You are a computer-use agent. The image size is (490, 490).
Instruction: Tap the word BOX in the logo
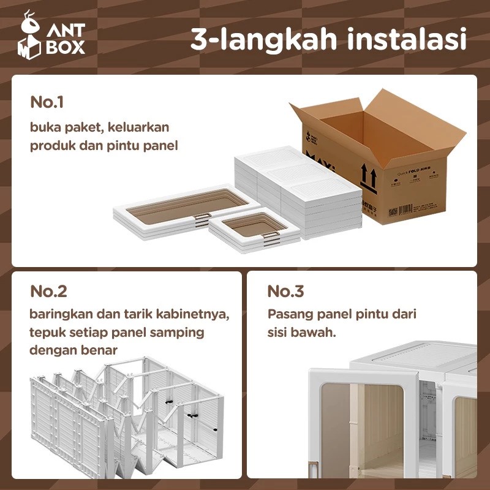(66, 48)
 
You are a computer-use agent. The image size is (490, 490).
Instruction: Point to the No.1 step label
(47, 102)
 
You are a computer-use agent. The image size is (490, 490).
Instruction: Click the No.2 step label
(49, 291)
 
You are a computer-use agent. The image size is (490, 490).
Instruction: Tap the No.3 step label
(286, 291)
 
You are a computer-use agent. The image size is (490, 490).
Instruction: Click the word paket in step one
(78, 127)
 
